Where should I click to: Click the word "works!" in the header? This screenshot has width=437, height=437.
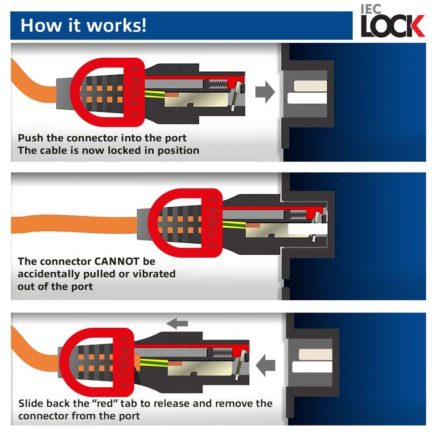coord(116,26)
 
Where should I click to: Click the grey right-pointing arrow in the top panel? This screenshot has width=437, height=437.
coord(265,92)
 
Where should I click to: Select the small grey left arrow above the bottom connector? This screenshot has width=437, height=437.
coord(177,323)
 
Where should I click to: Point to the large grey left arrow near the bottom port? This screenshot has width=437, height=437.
coord(265,365)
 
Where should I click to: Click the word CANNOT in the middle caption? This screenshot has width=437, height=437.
coord(117,261)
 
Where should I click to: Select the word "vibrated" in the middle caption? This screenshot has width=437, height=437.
coord(154,274)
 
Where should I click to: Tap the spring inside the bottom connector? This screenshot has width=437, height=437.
coord(222,353)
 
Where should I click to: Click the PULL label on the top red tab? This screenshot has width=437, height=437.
coord(135,92)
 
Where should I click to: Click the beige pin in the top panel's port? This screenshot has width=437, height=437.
coord(310,86)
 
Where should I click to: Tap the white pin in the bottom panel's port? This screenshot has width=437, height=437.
coord(312,367)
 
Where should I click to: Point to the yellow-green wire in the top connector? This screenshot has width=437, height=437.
coord(155,94)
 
